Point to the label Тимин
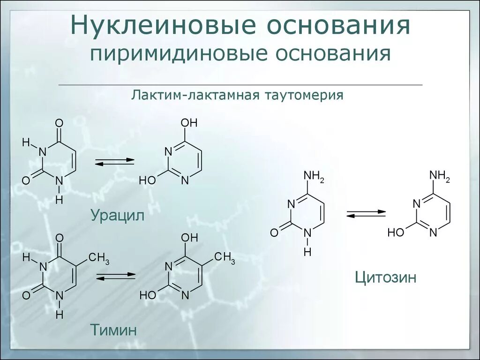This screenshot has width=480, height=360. click(114, 330)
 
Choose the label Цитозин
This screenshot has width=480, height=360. click(386, 277)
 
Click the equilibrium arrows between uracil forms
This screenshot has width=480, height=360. click(114, 161)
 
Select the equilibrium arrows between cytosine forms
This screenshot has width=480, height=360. click(366, 213)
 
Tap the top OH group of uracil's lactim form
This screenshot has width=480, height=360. click(189, 123)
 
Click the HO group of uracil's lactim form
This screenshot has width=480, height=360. click(147, 180)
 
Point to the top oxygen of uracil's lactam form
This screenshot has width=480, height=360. click(59, 123)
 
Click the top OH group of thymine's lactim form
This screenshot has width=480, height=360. click(189, 238)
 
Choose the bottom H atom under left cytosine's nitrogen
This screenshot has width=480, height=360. click(307, 252)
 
